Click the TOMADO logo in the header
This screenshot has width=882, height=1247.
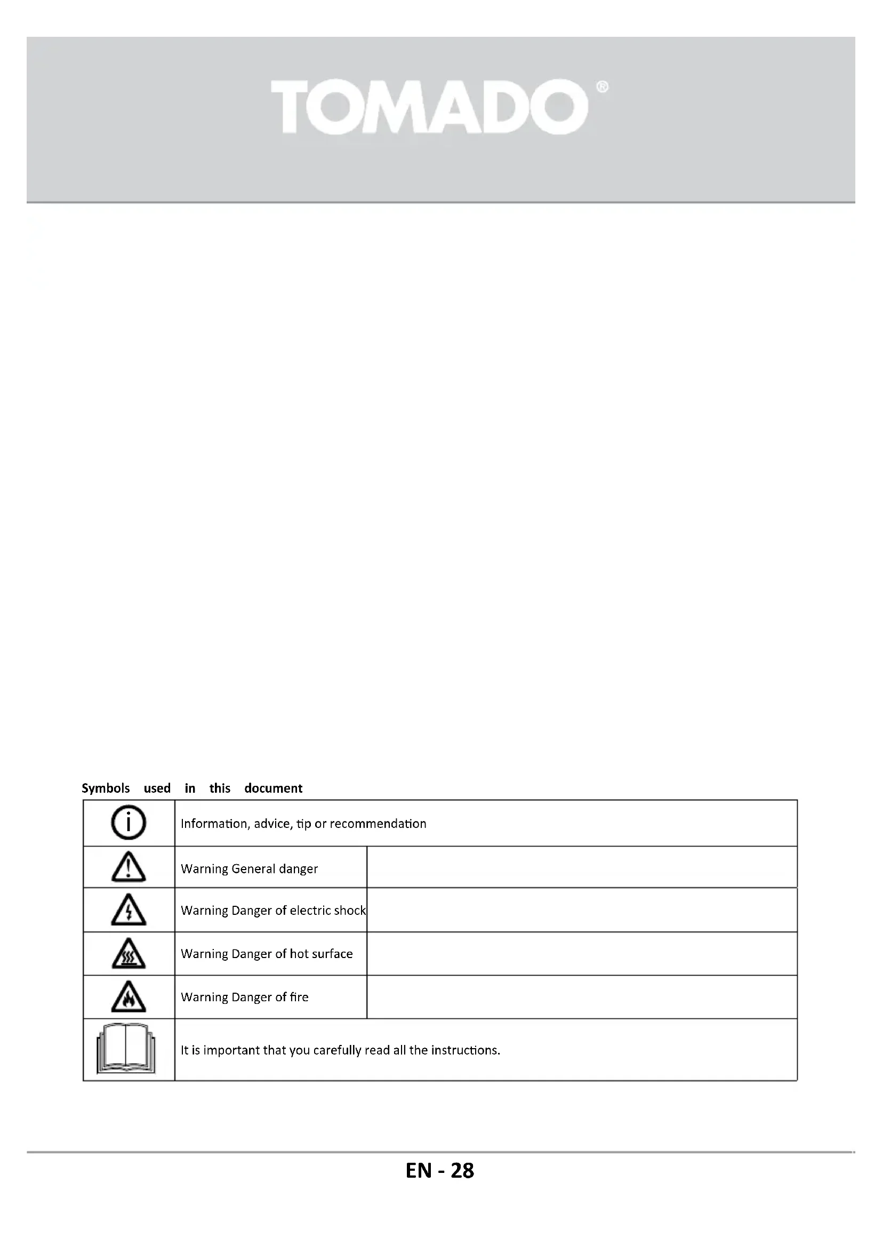coord(429,107)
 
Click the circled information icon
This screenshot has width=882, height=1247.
coord(129,823)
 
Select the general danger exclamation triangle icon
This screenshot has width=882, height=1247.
coord(129,867)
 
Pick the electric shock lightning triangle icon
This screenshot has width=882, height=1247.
coord(129,910)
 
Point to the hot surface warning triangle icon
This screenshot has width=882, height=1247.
coord(129,954)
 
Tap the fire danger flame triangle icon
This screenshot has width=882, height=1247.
coord(129,997)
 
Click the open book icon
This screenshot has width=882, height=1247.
coord(126,1049)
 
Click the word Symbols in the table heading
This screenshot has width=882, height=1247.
coord(106,788)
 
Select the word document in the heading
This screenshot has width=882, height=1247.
coord(273,788)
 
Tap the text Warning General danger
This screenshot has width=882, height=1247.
coord(249,869)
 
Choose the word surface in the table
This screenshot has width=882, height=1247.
coord(331,954)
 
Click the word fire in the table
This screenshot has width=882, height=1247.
coord(299,997)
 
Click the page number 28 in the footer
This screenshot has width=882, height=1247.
coord(462,1171)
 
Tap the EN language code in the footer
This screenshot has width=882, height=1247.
coord(418,1171)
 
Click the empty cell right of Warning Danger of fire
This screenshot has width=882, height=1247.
coord(582,997)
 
